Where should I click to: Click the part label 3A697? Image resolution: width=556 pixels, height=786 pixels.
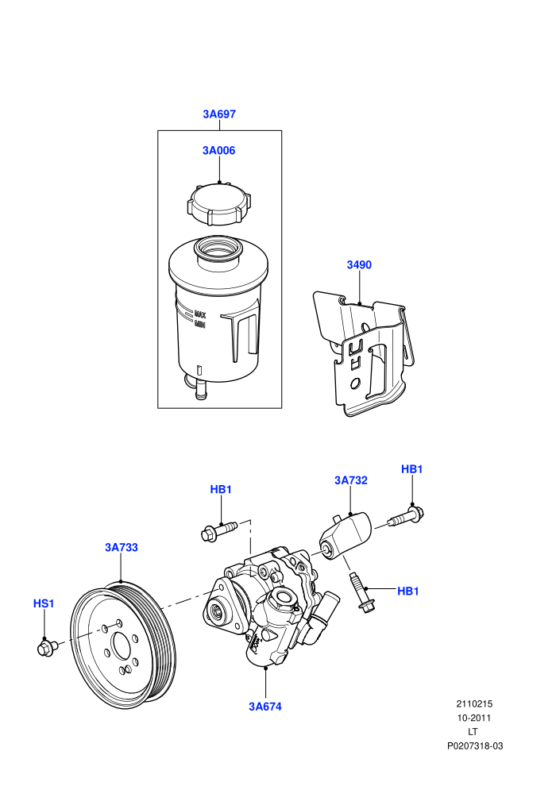tap(219, 114)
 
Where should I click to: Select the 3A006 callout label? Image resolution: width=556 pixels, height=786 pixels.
tap(218, 151)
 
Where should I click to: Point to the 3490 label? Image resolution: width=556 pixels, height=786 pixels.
tap(359, 264)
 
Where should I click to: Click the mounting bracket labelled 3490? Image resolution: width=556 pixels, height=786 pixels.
tap(364, 353)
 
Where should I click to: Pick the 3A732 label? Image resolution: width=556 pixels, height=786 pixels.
tap(351, 480)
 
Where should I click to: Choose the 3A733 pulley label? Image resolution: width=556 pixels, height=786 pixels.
tap(122, 547)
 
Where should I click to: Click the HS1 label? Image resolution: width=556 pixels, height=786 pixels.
tap(44, 603)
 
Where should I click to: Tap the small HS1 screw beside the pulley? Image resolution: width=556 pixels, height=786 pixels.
tap(48, 648)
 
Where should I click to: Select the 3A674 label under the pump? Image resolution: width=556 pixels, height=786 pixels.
tap(265, 707)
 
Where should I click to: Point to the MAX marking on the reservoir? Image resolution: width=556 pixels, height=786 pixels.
tap(200, 315)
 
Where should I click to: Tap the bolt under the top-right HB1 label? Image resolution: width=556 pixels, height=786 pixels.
tap(406, 518)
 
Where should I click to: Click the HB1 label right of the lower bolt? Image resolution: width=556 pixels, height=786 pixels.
tap(408, 591)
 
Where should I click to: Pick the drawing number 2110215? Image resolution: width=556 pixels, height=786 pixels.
tap(474, 703)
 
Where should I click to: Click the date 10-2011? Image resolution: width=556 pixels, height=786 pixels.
tap(474, 718)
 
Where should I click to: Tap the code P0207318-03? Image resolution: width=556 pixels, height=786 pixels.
tap(475, 746)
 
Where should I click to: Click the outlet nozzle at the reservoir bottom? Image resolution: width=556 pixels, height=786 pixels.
tap(200, 390)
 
